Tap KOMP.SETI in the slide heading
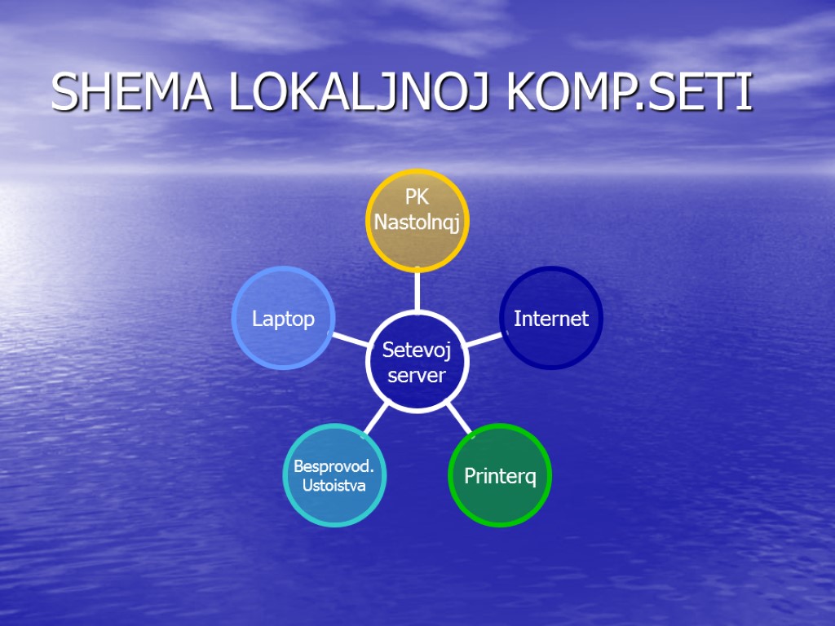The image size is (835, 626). (629, 93)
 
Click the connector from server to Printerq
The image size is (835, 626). (458, 418)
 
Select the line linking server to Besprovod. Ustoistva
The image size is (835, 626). (375, 418)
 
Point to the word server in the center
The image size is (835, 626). (417, 375)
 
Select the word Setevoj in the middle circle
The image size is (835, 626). (417, 350)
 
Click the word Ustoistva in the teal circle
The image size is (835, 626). (334, 486)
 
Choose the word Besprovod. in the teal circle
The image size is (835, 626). (334, 467)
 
